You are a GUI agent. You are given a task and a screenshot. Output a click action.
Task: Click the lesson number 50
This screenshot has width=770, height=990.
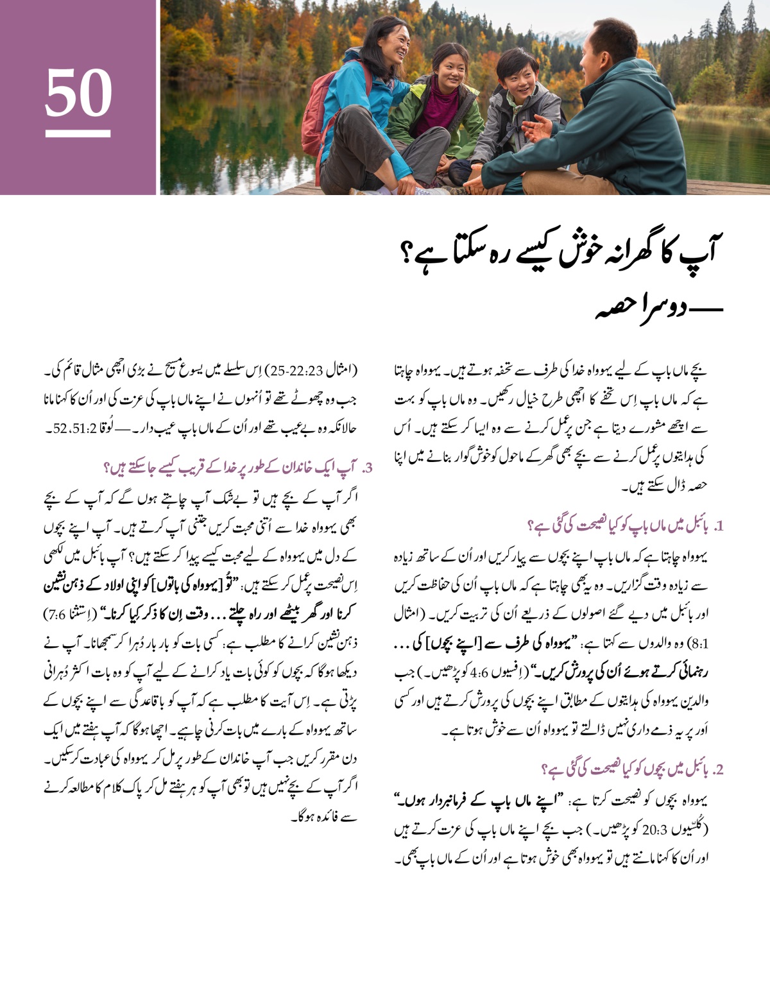78,92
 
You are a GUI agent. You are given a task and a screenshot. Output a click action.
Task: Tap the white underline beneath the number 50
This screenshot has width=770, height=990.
78,133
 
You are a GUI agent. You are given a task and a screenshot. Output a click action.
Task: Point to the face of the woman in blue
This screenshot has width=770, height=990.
392,45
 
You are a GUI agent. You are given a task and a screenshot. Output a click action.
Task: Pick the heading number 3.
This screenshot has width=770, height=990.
368,468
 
